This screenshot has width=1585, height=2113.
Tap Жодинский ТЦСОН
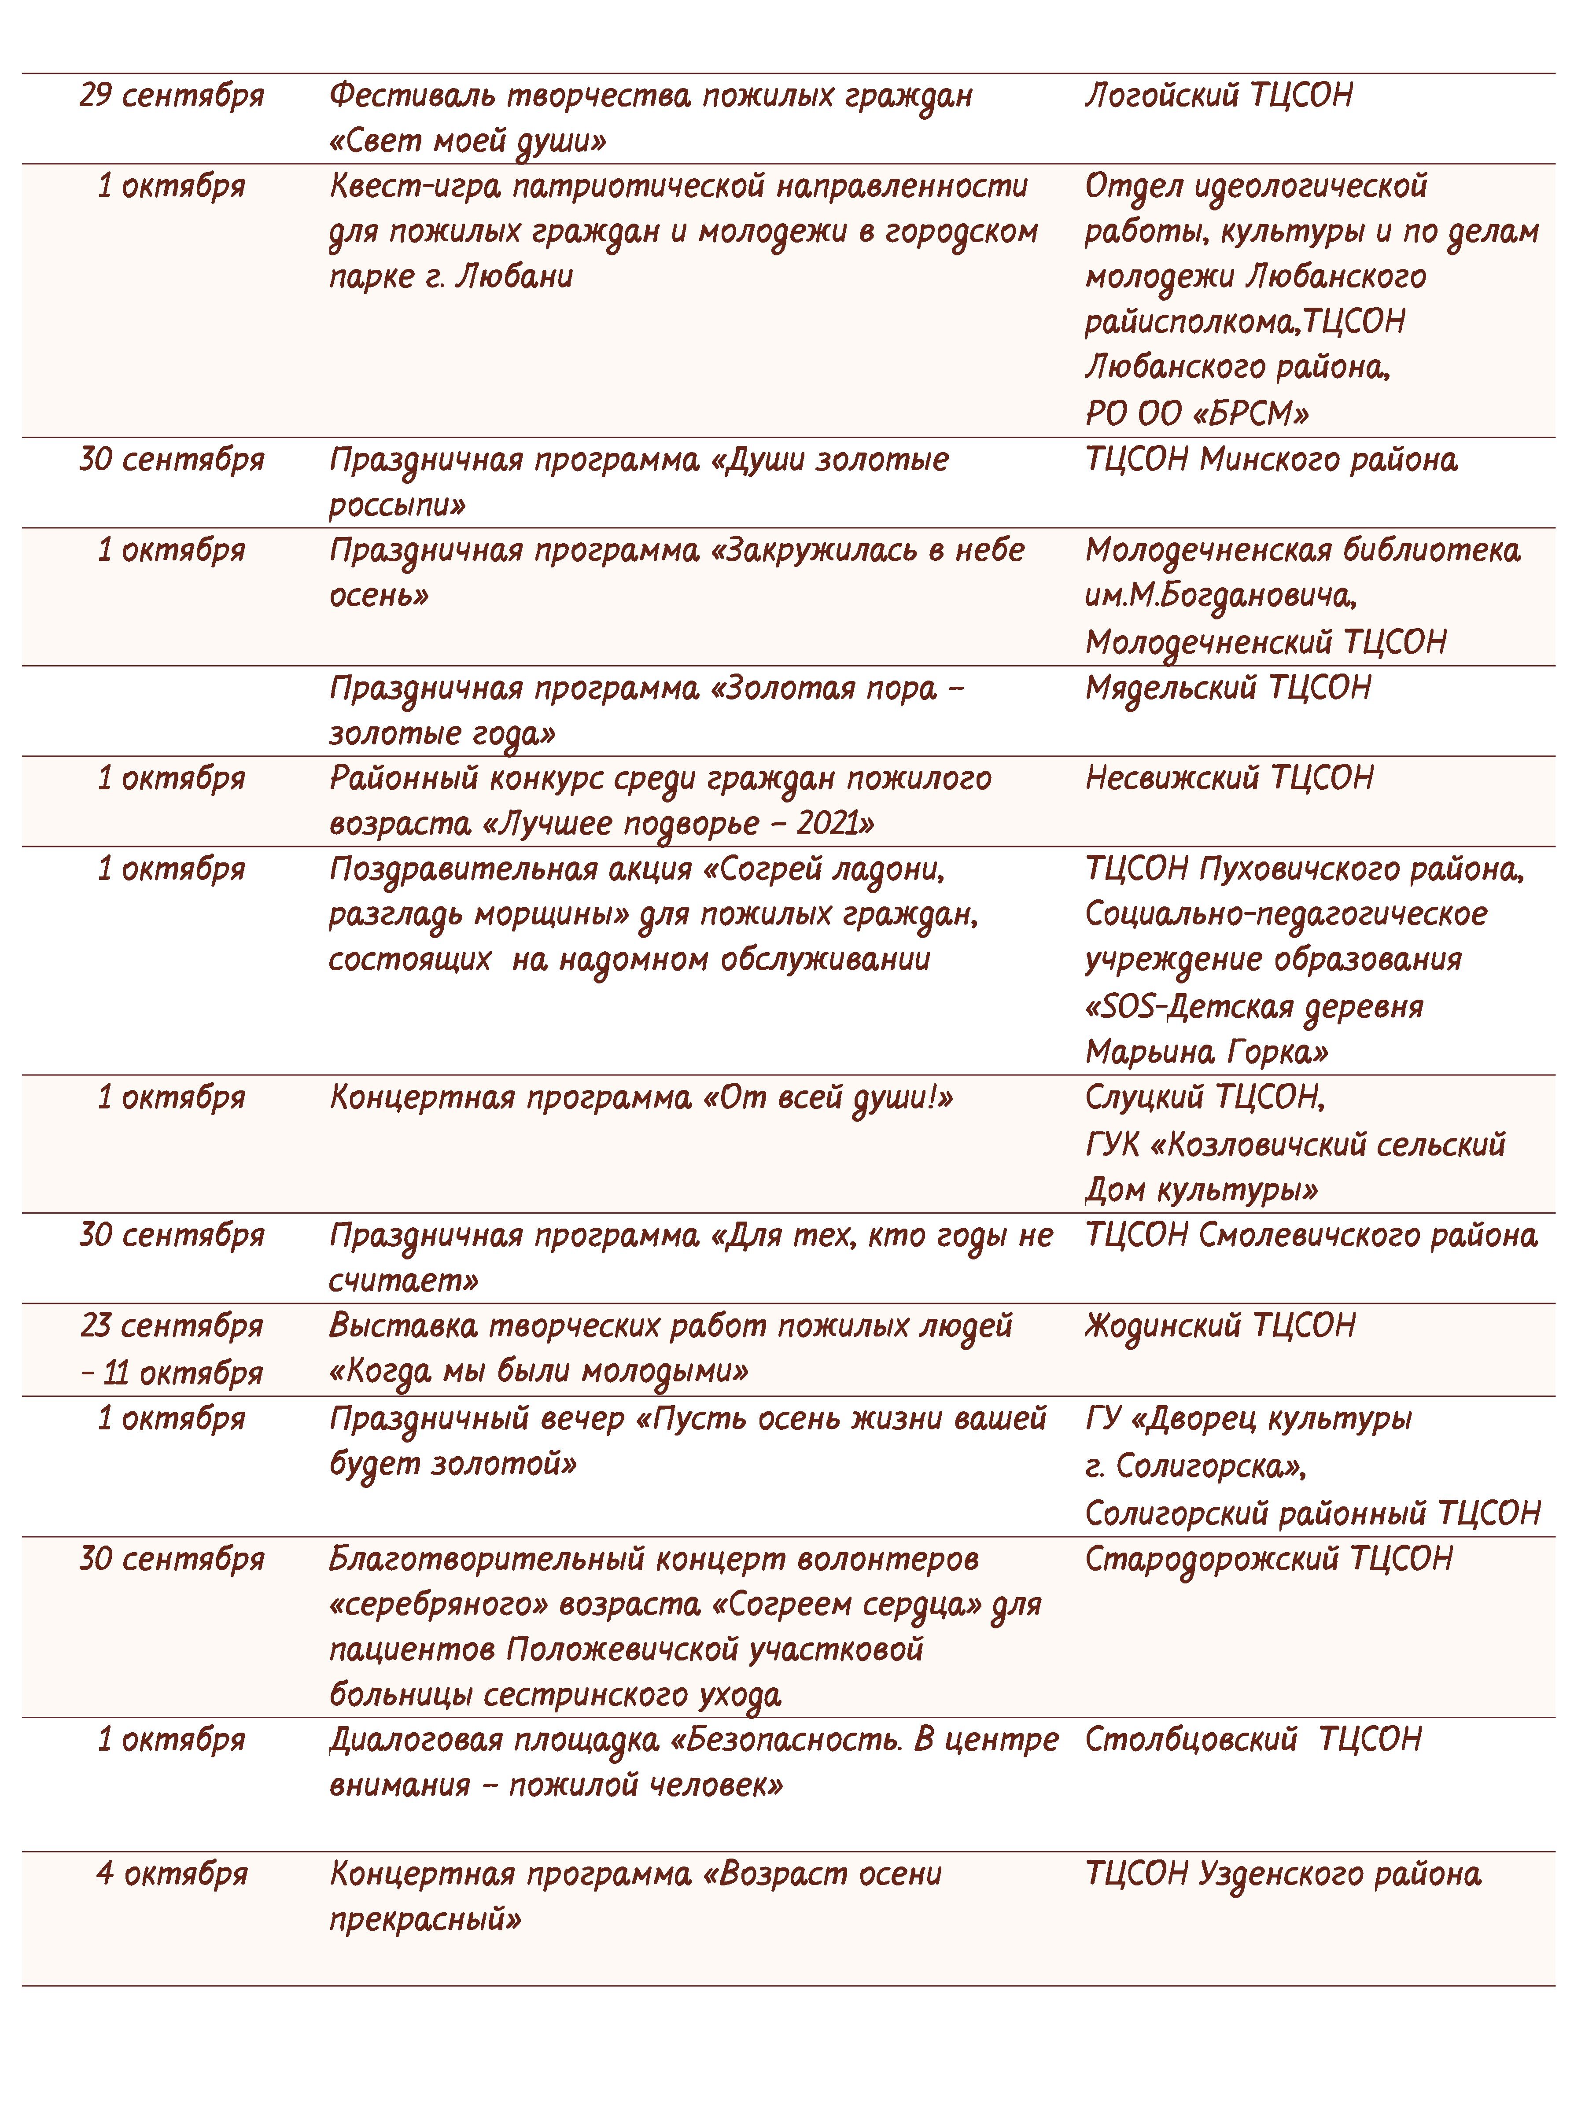(x=1220, y=1326)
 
